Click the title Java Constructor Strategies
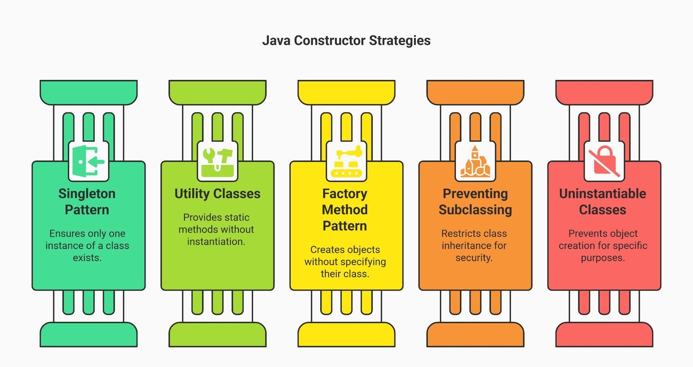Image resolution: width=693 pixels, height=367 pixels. point(346,41)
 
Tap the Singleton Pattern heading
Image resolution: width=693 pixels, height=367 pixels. point(87,202)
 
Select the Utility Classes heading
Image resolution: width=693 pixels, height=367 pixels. point(217,194)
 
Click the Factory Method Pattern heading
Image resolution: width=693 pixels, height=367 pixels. point(345,210)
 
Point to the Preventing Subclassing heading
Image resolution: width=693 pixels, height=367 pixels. point(475,202)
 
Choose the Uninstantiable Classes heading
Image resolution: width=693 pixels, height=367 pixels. point(602,202)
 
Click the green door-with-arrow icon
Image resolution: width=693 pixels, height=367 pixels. point(89,161)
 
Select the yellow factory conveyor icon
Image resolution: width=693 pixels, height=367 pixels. point(346,161)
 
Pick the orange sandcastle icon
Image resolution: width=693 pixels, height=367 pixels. point(475,161)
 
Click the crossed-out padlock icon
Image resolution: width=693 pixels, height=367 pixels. point(604,161)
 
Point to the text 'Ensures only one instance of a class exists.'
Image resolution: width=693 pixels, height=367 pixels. point(87,245)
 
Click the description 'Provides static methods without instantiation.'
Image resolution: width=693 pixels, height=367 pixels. point(216,229)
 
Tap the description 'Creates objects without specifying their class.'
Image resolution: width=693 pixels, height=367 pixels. point(345,262)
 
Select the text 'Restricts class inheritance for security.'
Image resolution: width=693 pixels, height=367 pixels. point(474,245)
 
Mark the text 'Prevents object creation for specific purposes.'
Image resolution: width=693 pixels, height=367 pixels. point(603,245)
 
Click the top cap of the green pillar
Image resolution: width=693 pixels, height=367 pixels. point(89,92)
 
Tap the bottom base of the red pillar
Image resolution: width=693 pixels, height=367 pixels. point(604,334)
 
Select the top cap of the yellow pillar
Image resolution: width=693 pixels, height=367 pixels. point(346,92)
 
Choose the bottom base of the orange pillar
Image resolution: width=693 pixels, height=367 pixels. point(475,334)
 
